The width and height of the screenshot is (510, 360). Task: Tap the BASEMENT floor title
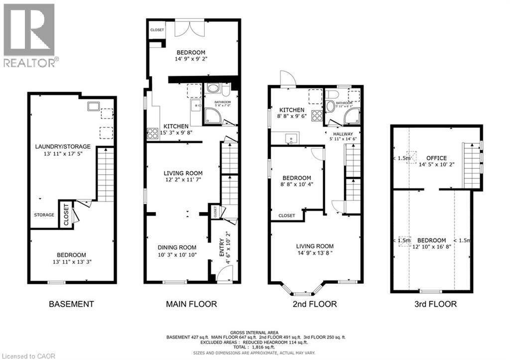tap(71, 304)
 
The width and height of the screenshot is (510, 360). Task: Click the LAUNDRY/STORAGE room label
tap(62, 146)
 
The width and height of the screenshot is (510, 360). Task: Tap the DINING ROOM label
tap(177, 247)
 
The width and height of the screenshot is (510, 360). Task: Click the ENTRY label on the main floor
tap(222, 247)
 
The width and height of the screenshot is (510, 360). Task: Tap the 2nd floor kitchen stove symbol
tap(317, 116)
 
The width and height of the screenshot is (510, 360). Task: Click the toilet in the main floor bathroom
tap(226, 91)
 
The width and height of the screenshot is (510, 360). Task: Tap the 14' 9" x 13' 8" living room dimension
tap(314, 253)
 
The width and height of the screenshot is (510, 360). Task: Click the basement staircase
tap(105, 174)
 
